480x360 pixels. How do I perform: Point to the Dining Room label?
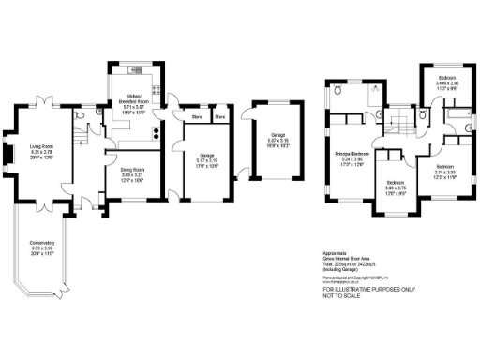pyautogui.click(x=126, y=171)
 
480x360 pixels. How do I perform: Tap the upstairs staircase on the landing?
pyautogui.click(x=399, y=117)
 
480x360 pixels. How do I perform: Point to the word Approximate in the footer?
pyautogui.click(x=334, y=253)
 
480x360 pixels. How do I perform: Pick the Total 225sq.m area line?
pyautogui.click(x=348, y=264)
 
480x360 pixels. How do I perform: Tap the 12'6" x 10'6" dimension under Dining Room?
pyautogui.click(x=126, y=180)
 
